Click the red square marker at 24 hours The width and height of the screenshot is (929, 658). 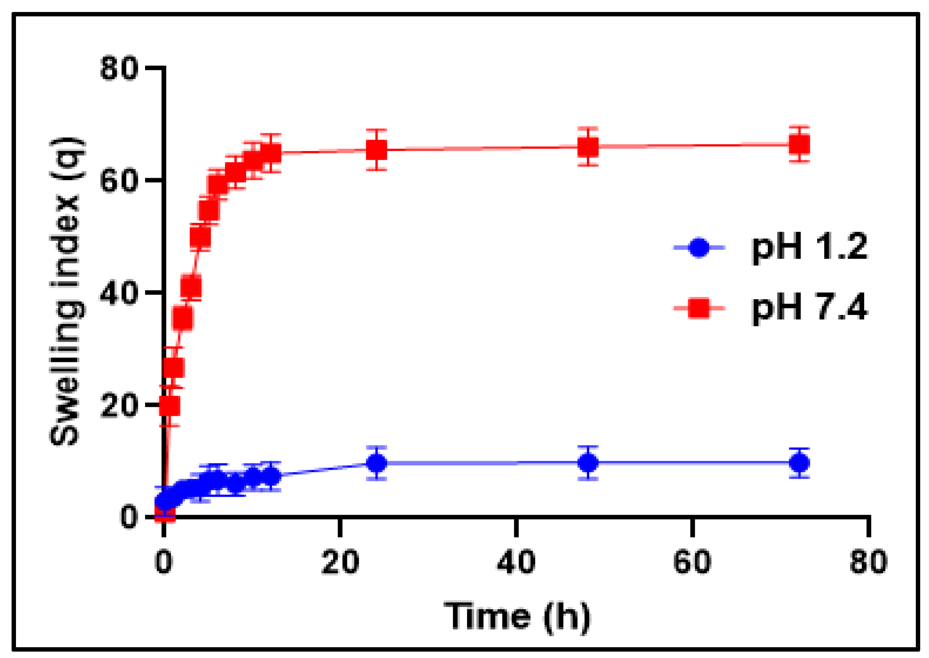tap(376, 150)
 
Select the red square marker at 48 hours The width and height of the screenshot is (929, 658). tap(588, 147)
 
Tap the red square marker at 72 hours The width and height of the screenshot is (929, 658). tap(800, 145)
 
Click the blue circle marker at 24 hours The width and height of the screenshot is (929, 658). tap(376, 463)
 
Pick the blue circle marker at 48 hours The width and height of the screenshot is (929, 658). tap(588, 462)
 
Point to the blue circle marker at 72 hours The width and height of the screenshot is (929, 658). tap(800, 462)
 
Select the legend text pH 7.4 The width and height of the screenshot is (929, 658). tap(810, 308)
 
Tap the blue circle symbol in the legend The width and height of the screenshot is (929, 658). tap(699, 247)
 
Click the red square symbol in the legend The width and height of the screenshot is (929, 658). tap(699, 308)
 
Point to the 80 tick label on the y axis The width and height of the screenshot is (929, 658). tap(119, 68)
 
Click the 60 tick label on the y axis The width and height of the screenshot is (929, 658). tap(119, 180)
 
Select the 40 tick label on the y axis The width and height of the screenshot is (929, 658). tap(119, 292)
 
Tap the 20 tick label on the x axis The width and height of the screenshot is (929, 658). tap(340, 563)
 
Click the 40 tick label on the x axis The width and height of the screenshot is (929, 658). tap(516, 563)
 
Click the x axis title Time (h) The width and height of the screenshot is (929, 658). tap(517, 617)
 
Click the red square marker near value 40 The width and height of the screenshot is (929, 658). tap(191, 287)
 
